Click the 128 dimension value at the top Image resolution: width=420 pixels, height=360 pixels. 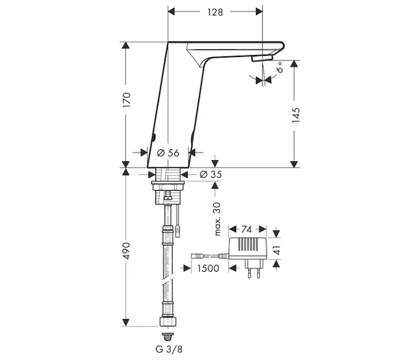point(215,12)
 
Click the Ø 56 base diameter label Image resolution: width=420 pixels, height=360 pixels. point(169,153)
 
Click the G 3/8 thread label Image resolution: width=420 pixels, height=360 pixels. point(170,349)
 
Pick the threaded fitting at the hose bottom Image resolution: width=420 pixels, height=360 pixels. point(169,328)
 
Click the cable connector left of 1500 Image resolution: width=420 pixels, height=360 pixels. point(197,256)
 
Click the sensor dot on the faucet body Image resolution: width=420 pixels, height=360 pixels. point(153,137)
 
